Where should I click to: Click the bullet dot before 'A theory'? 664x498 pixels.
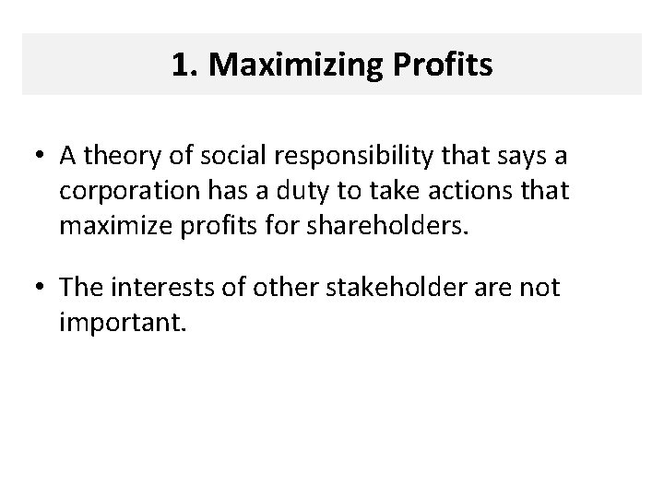point(42,157)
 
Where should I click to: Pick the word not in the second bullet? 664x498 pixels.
point(539,289)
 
